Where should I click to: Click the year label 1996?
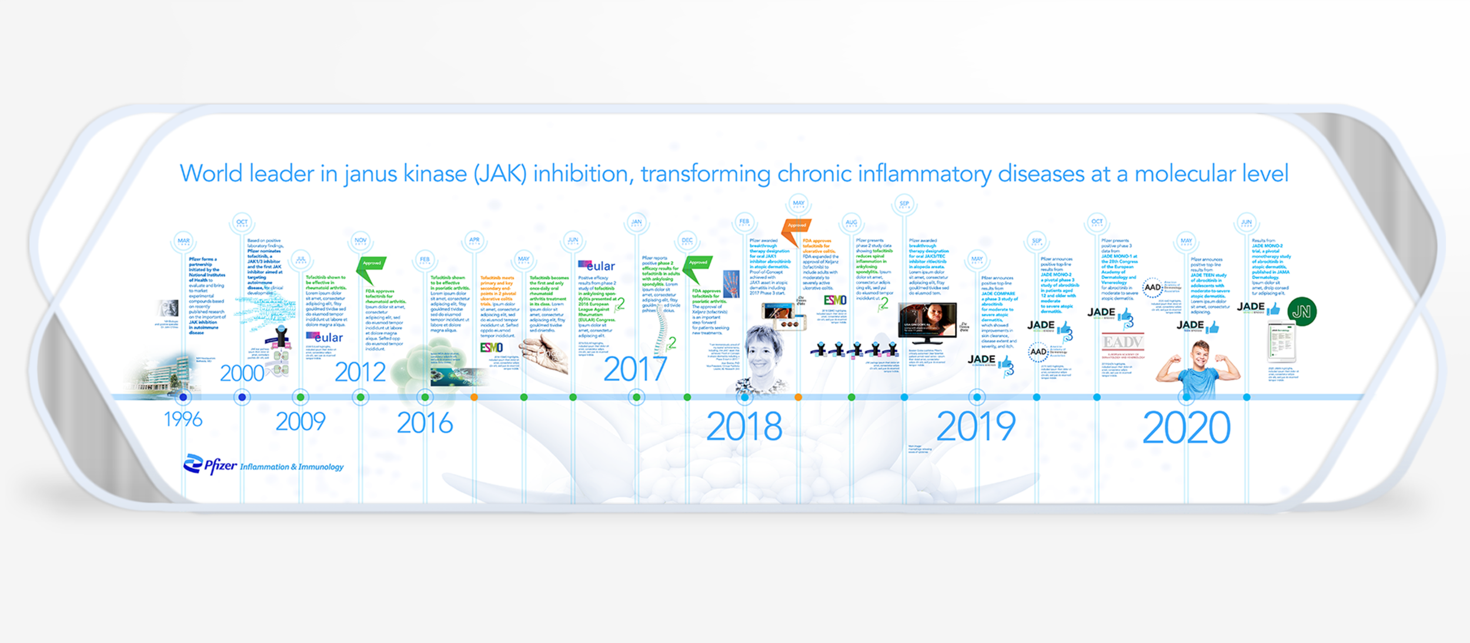tap(183, 419)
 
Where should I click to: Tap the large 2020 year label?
tap(1186, 428)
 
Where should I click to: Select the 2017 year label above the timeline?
tap(635, 369)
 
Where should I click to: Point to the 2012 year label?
tap(360, 372)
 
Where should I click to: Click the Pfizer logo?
tap(210, 464)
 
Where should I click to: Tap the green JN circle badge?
tap(1302, 312)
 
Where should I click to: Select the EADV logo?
tap(1122, 342)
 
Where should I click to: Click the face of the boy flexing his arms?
tap(1200, 355)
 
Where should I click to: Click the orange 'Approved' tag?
tap(797, 226)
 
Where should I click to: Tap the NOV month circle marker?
tap(360, 240)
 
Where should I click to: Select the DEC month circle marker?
tap(687, 240)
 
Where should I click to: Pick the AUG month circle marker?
tap(851, 222)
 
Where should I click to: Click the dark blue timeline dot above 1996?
tap(183, 397)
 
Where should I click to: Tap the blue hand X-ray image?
tap(731, 284)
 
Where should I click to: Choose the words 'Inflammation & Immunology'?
tap(292, 467)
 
